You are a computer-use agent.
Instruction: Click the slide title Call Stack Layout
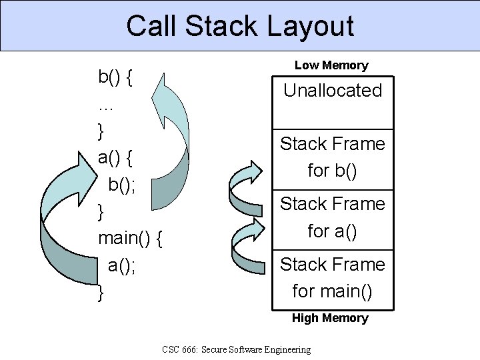(239, 26)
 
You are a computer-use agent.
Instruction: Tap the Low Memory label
(331, 65)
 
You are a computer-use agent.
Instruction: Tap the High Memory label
(330, 318)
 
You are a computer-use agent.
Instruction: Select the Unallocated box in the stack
(333, 91)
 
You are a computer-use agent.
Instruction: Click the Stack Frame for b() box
(333, 157)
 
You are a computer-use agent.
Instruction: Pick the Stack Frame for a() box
(333, 217)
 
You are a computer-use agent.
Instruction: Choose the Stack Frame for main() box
(333, 278)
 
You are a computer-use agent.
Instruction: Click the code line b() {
(115, 77)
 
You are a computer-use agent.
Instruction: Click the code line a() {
(115, 158)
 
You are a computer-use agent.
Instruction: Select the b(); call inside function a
(122, 185)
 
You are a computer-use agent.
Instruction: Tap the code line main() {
(131, 238)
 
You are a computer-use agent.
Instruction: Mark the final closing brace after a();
(101, 292)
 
